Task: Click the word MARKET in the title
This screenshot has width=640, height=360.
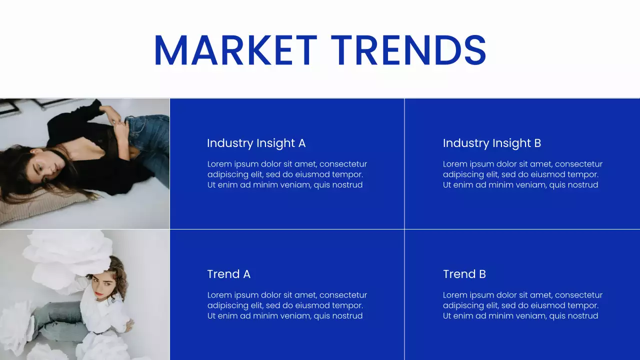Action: pos(235,50)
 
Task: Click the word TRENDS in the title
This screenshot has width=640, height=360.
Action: pos(408,50)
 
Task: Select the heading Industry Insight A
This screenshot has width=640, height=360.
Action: pos(256,143)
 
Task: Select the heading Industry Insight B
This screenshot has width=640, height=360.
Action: pos(491,143)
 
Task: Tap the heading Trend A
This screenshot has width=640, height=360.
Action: pos(228,274)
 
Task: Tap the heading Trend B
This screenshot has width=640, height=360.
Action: pos(464,274)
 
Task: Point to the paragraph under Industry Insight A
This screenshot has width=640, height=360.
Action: pos(287,174)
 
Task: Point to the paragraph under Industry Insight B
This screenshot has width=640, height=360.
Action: pos(522,174)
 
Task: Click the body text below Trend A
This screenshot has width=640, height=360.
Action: pos(287,305)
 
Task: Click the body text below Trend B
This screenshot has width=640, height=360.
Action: pos(522,305)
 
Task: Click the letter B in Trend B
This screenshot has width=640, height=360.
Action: pos(482,274)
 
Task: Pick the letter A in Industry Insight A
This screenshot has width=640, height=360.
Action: pos(301,143)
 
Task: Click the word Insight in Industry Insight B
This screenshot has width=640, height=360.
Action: pos(511,143)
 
